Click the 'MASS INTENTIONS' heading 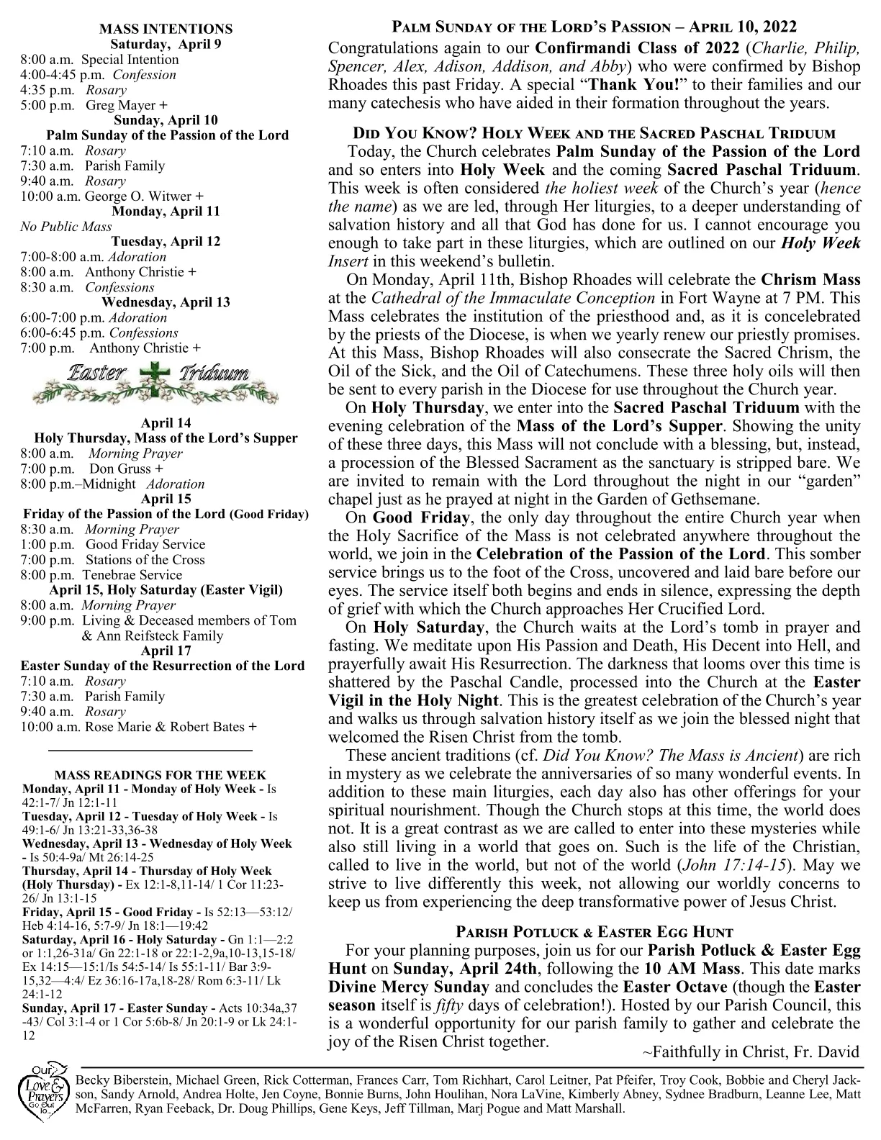click(166, 29)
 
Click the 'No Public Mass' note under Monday click(66, 227)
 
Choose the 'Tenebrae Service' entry click(132, 575)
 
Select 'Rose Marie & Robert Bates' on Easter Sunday click(165, 727)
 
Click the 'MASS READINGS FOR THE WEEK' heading click(161, 776)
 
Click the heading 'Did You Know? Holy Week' click(594, 134)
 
